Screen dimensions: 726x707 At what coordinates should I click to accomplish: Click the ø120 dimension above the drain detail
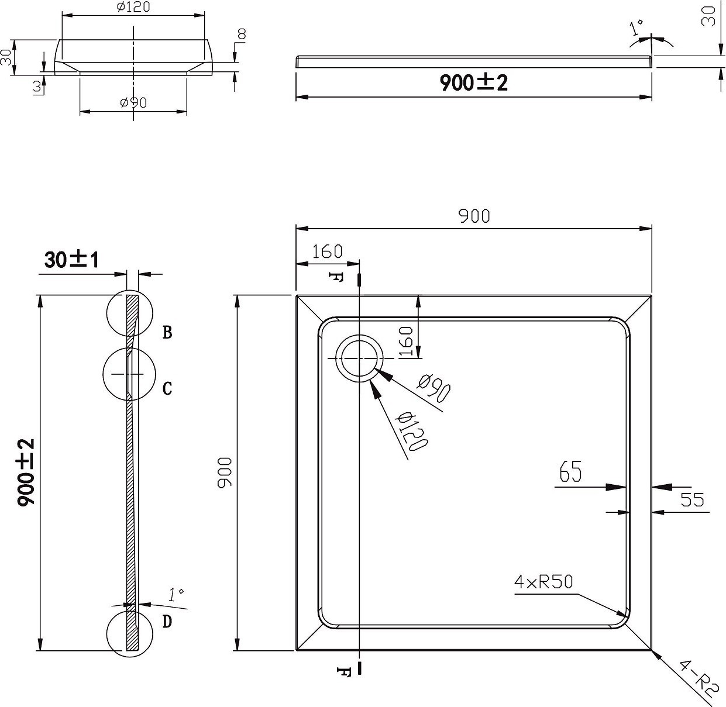(133, 6)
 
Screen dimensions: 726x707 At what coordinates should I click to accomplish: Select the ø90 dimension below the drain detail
(133, 102)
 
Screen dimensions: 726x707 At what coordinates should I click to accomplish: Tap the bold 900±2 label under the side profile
(473, 83)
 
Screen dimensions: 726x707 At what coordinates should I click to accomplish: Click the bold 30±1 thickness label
(71, 260)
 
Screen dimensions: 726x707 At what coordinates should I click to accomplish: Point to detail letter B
(167, 332)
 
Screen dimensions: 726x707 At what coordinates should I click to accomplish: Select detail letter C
(167, 388)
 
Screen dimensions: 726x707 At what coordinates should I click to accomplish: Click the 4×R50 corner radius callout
(543, 582)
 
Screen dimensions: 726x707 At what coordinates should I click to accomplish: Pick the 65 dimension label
(570, 471)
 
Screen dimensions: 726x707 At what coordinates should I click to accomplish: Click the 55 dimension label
(692, 499)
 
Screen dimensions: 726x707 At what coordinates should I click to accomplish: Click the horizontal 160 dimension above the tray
(327, 251)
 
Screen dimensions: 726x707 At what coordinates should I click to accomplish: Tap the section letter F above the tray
(335, 277)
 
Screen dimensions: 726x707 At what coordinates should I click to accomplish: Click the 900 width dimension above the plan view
(474, 216)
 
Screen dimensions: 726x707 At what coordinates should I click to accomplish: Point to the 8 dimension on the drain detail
(242, 35)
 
